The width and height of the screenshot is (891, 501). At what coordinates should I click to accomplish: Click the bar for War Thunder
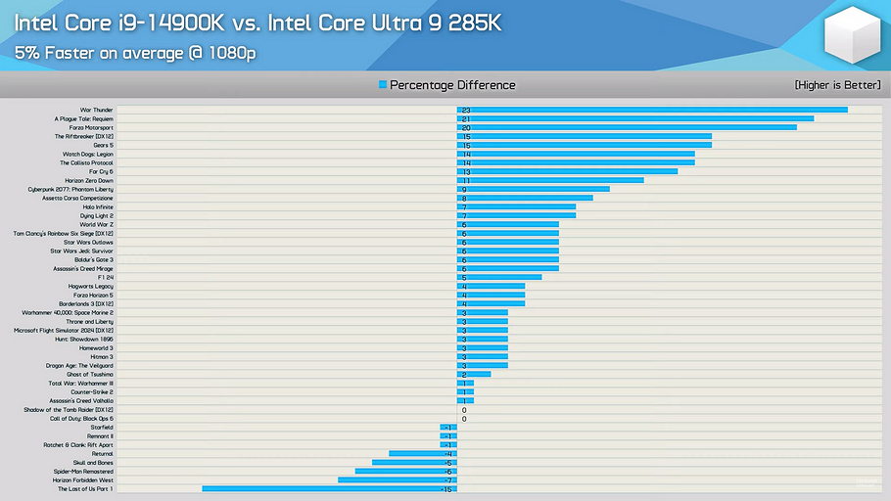(651, 110)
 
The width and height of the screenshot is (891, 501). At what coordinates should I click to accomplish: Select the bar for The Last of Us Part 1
(329, 488)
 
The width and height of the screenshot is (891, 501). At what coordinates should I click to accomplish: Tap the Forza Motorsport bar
(627, 127)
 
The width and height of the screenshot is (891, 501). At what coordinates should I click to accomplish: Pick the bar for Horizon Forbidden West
(397, 479)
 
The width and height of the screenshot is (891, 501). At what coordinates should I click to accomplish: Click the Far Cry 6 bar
(567, 171)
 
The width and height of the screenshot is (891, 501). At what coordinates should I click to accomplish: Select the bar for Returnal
(422, 453)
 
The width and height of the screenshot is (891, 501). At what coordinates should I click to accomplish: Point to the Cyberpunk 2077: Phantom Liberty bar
(533, 189)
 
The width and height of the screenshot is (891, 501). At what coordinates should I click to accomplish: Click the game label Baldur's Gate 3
(94, 259)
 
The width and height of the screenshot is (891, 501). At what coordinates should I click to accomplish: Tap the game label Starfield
(101, 427)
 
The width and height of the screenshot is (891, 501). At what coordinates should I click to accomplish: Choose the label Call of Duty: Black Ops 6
(81, 418)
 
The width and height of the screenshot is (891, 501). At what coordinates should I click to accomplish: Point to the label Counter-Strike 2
(91, 391)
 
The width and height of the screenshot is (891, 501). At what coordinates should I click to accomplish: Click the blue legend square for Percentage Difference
(383, 85)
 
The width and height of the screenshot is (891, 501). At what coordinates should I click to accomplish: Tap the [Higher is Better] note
(837, 85)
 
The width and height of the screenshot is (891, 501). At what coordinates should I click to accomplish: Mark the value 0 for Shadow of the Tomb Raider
(463, 410)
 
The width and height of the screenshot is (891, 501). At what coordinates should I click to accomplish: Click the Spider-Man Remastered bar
(405, 471)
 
